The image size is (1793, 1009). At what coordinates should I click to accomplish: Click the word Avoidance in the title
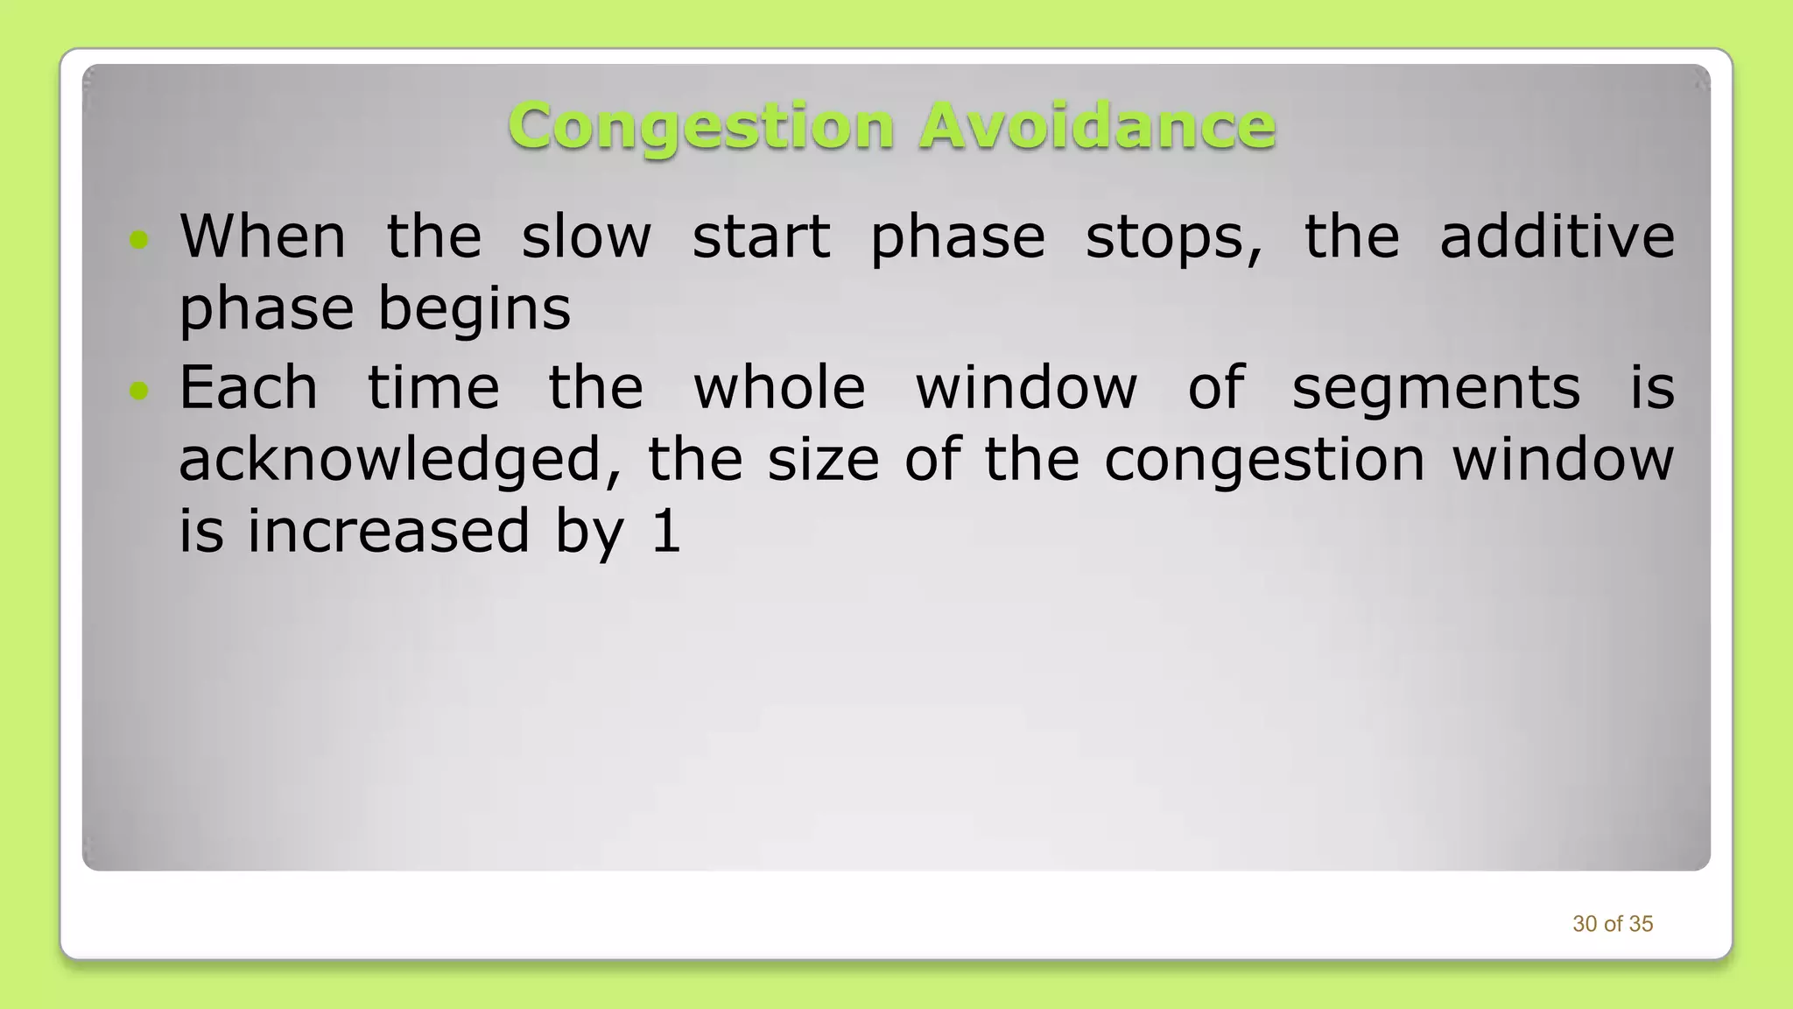click(1097, 125)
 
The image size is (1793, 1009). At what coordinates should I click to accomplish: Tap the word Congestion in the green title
click(701, 127)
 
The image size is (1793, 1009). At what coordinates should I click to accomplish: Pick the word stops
click(1174, 238)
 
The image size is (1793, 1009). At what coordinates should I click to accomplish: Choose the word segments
click(1436, 389)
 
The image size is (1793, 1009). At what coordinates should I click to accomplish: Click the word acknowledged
click(400, 461)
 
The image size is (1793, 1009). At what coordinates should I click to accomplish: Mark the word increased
click(389, 531)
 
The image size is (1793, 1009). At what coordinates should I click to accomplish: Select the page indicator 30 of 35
click(1613, 924)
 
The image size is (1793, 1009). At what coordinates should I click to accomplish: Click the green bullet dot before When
click(138, 239)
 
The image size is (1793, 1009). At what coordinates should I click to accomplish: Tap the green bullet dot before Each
click(138, 390)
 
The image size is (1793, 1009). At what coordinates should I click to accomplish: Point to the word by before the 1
click(590, 533)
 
